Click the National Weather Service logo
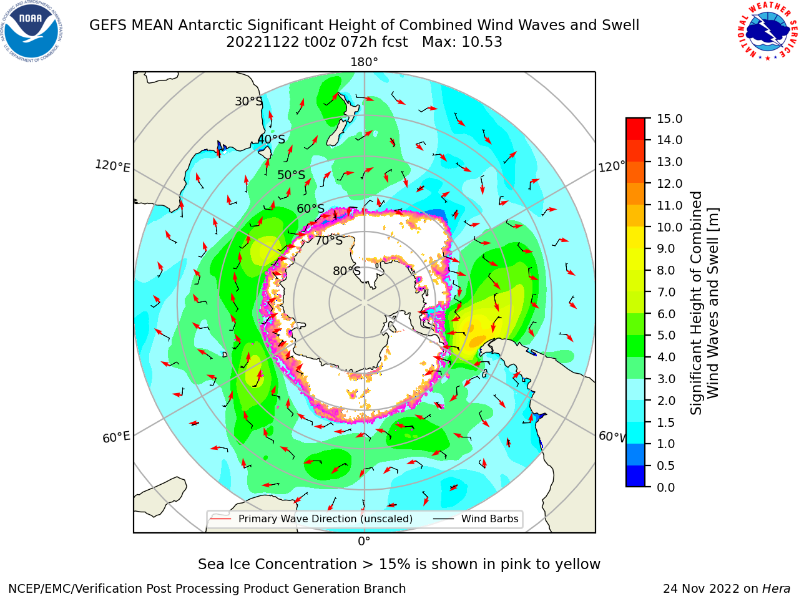[x=767, y=31]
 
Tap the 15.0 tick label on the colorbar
[x=669, y=119]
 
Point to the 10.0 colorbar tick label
[x=669, y=227]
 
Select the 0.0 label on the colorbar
[x=666, y=487]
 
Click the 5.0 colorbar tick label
[x=666, y=335]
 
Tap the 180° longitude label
[x=364, y=62]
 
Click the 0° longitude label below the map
[x=364, y=542]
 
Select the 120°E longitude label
[x=112, y=166]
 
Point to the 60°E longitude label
[x=116, y=437]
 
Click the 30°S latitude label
[x=248, y=101]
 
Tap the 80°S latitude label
[x=346, y=271]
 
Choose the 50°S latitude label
[x=292, y=175]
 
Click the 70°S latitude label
[x=329, y=240]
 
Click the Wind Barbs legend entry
[x=476, y=519]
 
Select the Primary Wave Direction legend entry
[x=311, y=519]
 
